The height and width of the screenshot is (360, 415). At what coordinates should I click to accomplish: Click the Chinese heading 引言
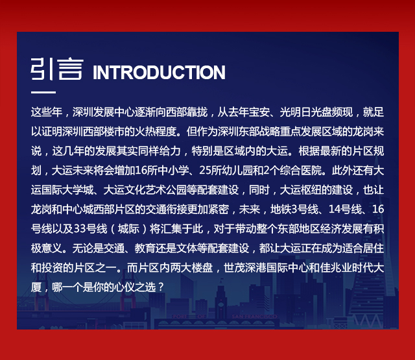(57, 69)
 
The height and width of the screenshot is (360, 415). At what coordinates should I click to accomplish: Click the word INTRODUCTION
(159, 72)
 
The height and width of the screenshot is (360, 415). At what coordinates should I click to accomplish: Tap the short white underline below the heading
(43, 92)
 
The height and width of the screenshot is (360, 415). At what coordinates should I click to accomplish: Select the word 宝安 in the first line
(259, 112)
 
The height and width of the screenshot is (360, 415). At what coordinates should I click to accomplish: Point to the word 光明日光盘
(305, 112)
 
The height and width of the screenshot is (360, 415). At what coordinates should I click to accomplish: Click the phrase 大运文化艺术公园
(145, 190)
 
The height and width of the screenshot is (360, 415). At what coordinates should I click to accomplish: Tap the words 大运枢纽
(300, 190)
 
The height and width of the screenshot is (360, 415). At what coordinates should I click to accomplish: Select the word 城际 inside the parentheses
(128, 229)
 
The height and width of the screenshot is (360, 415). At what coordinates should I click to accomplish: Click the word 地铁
(281, 210)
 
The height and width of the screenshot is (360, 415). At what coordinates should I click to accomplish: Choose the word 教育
(145, 248)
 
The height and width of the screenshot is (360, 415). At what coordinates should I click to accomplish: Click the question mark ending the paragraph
(160, 287)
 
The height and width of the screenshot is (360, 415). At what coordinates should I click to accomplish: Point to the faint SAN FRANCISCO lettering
(254, 317)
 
